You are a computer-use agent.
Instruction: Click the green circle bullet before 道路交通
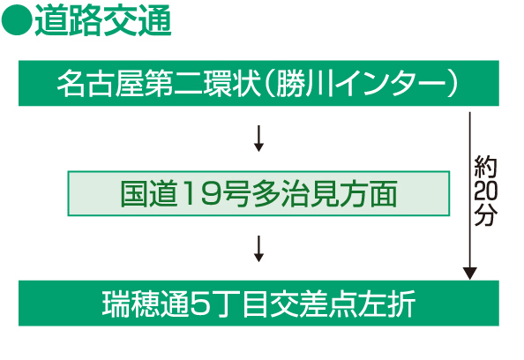pos(17,19)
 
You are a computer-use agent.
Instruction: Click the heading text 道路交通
pos(103,20)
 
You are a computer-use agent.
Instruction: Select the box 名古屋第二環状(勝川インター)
pos(258,83)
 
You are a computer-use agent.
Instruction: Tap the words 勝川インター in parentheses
pos(362,84)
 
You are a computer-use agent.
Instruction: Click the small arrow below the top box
pos(258,139)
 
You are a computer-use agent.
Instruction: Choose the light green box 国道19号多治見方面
pos(258,193)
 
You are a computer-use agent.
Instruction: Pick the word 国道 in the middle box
pos(148,194)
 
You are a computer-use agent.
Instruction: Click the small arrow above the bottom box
pos(258,249)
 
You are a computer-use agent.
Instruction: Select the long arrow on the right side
pos(470,196)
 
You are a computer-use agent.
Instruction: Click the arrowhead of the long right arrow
pos(470,274)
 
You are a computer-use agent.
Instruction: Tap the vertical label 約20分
pos(485,191)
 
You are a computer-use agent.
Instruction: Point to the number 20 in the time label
pos(485,191)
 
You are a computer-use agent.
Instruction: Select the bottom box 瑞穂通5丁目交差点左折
pos(258,304)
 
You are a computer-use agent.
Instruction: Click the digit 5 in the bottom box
pos(200,304)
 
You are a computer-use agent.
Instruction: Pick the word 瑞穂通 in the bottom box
pos(146,304)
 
